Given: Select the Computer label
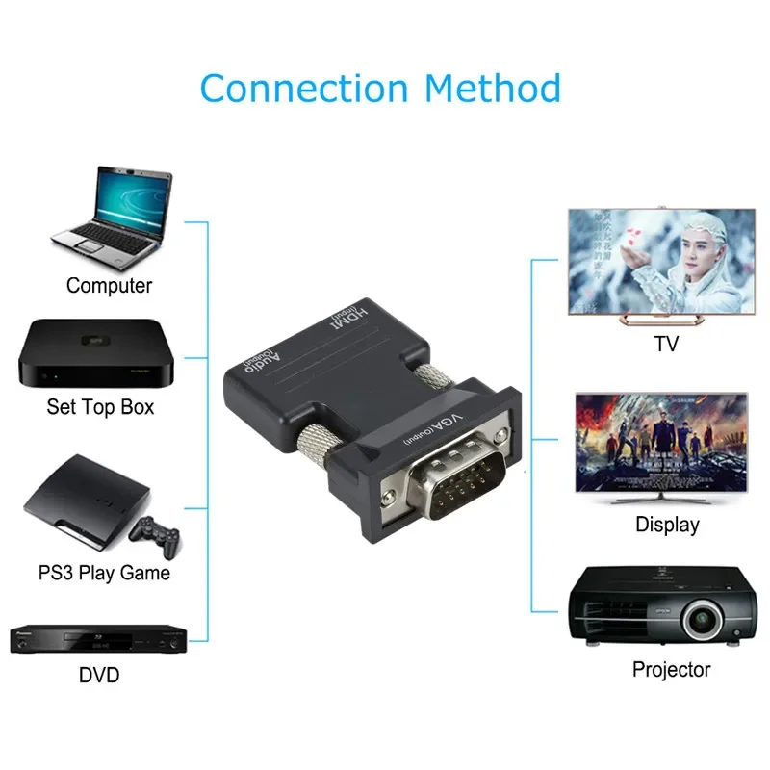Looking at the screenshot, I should [109, 286].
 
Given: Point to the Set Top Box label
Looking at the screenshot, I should [100, 407].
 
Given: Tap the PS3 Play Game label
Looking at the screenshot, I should [104, 573].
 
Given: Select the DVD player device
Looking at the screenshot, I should [97, 638].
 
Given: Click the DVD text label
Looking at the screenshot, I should [99, 676].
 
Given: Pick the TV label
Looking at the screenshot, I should [665, 344].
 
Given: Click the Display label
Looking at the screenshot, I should [667, 525].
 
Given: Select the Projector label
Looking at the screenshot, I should [671, 669].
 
